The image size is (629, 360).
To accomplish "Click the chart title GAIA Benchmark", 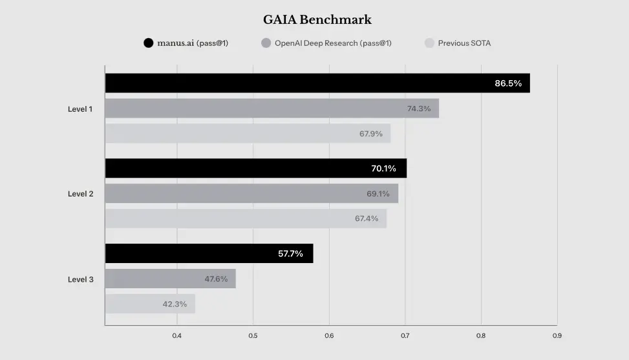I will (317, 19).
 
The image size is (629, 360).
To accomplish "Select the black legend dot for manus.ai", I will (148, 43).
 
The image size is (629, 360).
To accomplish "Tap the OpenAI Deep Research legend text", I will (332, 43).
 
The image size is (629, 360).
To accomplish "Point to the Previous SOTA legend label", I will (464, 43).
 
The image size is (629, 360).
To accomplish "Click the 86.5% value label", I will (508, 83).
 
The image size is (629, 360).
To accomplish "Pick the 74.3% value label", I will (418, 109).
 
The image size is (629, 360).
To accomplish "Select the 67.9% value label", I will (370, 134).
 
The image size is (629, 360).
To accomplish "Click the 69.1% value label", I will (378, 193).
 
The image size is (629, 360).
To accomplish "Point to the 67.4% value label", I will (367, 218).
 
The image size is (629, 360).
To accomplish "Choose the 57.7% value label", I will (290, 253).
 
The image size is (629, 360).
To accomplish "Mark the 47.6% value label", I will (216, 279).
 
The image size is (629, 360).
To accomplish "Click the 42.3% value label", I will (175, 304).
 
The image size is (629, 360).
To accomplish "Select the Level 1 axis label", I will (80, 109).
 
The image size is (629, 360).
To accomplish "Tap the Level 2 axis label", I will (80, 194).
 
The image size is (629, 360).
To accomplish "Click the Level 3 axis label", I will (80, 279).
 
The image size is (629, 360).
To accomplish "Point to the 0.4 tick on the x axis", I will (176, 335).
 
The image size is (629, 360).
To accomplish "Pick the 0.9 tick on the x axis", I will (557, 335).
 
